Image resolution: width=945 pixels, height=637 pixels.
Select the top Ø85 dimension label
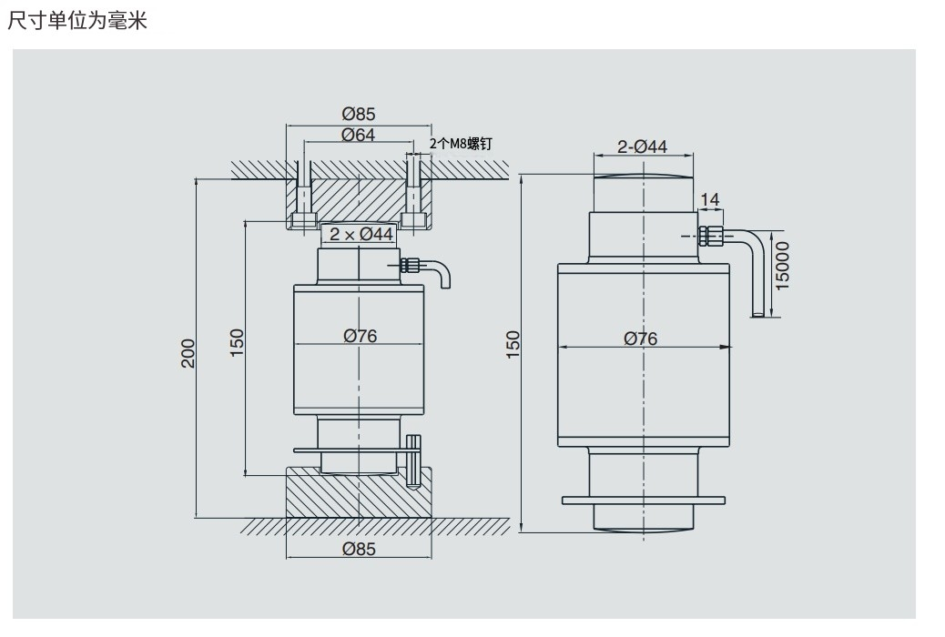pos(358,115)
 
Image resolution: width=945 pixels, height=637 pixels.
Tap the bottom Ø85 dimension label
pos(360,549)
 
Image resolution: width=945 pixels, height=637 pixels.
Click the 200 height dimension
pos(188,353)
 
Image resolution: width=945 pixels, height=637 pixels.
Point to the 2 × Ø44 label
pos(361,234)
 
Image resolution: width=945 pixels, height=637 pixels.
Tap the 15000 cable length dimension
pos(782,265)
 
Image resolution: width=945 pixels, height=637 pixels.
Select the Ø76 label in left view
pos(360,336)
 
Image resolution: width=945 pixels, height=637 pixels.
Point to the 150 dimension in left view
pos(238,343)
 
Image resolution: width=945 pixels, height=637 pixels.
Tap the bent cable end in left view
pos(443,274)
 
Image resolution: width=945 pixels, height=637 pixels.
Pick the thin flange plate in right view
pos(644,500)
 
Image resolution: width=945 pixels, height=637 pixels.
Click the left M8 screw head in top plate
pos(302,220)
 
